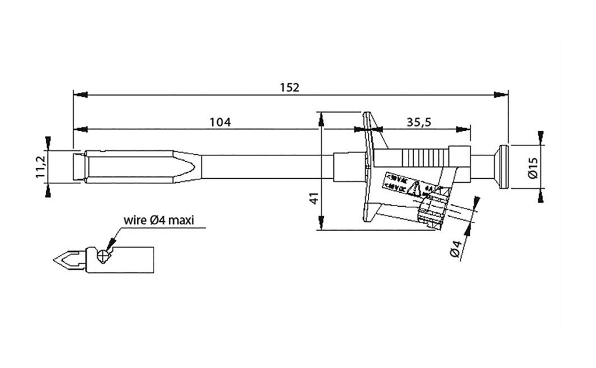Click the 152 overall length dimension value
click(x=289, y=88)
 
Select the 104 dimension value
click(x=221, y=122)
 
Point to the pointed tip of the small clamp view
click(x=55, y=260)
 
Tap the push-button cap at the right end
click(x=502, y=167)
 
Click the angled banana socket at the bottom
click(x=433, y=211)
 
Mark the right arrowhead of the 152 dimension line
click(x=502, y=94)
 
